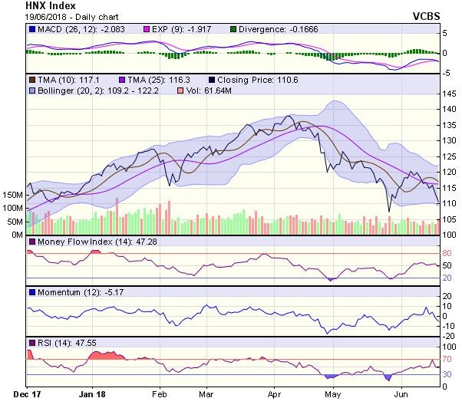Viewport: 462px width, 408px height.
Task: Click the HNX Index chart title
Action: point(28,5)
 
